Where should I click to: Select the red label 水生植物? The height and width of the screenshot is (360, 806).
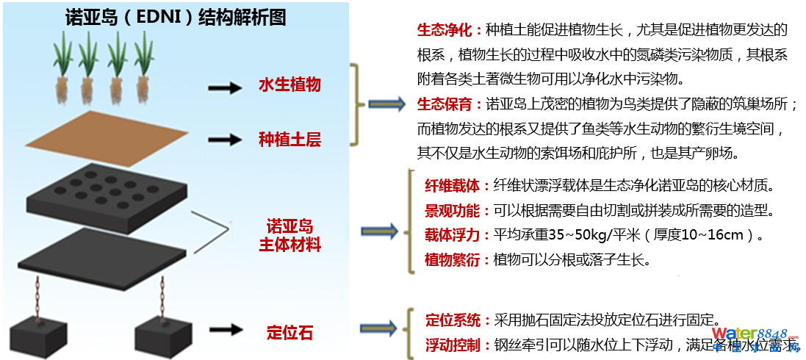pyautogui.click(x=289, y=85)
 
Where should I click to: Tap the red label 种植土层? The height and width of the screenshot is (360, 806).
pyautogui.click(x=289, y=140)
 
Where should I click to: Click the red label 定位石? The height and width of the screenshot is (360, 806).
pyautogui.click(x=289, y=333)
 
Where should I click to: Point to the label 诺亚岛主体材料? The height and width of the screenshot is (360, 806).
pyautogui.click(x=289, y=235)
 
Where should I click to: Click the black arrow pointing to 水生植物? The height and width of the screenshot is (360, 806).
pyautogui.click(x=224, y=88)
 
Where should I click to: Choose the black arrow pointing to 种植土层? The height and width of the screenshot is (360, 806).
pyautogui.click(x=224, y=140)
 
